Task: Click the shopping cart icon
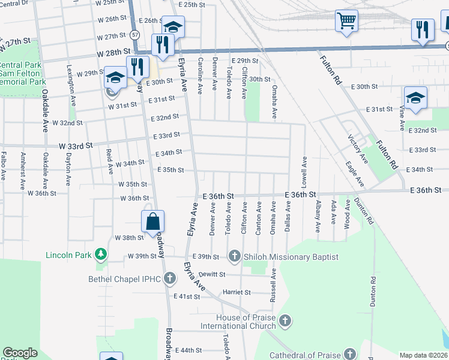pyautogui.click(x=347, y=21)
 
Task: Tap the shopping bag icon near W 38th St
pyautogui.click(x=154, y=221)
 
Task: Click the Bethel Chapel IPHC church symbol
pyautogui.click(x=170, y=278)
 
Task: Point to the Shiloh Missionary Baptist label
pyautogui.click(x=291, y=257)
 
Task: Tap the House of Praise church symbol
pyautogui.click(x=285, y=322)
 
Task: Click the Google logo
pyautogui.click(x=20, y=353)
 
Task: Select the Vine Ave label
pyautogui.click(x=402, y=117)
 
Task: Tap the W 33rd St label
pyautogui.click(x=76, y=145)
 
